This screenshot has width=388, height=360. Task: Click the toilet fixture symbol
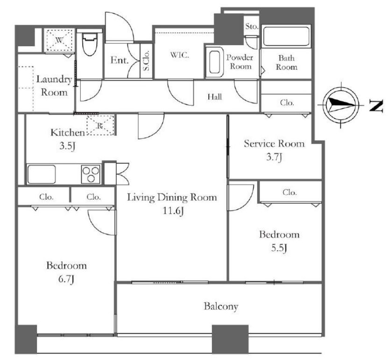tap(89, 44)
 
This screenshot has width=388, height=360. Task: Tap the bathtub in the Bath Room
tap(286, 36)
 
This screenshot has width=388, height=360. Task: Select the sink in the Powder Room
tap(214, 62)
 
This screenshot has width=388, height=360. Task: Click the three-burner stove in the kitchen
tap(91, 174)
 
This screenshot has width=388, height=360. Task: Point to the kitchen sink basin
tap(42, 174)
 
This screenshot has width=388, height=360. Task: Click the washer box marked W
tap(59, 40)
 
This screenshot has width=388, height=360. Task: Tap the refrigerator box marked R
tap(100, 125)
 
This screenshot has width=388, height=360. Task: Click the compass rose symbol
tap(341, 105)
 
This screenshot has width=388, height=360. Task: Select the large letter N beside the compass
tap(376, 105)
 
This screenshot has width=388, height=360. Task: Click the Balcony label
tap(221, 306)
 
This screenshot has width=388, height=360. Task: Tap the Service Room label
tap(274, 144)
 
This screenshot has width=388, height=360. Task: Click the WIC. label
tap(180, 55)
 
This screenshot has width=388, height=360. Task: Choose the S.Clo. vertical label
tap(146, 61)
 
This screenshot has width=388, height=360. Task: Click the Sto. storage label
tap(252, 26)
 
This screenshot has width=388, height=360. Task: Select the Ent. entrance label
tap(120, 60)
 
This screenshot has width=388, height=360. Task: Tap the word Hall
tap(214, 97)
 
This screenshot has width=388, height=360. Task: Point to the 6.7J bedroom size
tap(66, 279)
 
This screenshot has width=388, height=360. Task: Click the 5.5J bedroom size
tap(279, 248)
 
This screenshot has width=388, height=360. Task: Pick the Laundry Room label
tap(54, 86)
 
